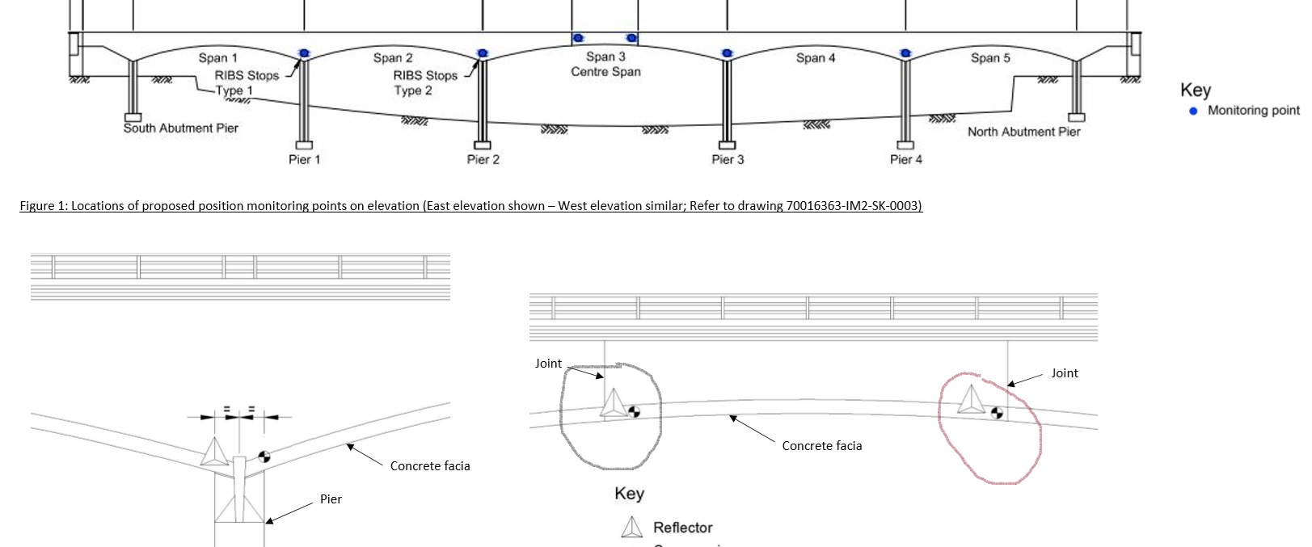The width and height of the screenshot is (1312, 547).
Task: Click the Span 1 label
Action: [x=217, y=58]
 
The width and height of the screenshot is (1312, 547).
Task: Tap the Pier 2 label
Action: [x=483, y=159]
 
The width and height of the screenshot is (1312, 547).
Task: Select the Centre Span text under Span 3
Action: [x=605, y=72]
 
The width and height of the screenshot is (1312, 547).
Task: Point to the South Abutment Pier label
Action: [x=180, y=128]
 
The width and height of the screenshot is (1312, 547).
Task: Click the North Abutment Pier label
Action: [x=1023, y=132]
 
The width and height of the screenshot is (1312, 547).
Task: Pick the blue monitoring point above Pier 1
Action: [x=304, y=53]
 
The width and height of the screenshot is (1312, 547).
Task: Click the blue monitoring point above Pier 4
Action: [x=905, y=53]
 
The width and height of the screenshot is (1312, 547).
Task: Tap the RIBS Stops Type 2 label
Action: [x=424, y=82]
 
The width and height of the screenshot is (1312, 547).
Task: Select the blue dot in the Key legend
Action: [x=1193, y=111]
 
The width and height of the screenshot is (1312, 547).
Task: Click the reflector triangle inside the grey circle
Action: [x=612, y=404]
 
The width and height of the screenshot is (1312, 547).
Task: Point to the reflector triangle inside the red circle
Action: [x=970, y=400]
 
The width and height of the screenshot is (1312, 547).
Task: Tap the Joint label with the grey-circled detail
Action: [x=548, y=364]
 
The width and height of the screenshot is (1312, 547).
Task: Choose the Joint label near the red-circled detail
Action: [x=1064, y=373]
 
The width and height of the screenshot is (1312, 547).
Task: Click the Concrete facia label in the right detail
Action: [x=821, y=446]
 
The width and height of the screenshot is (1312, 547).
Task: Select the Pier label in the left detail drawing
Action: [x=331, y=499]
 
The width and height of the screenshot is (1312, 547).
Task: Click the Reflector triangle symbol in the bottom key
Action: [x=631, y=528]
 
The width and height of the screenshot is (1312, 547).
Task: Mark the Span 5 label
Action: [x=990, y=58]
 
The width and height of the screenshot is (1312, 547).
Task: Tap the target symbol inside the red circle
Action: [x=997, y=413]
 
